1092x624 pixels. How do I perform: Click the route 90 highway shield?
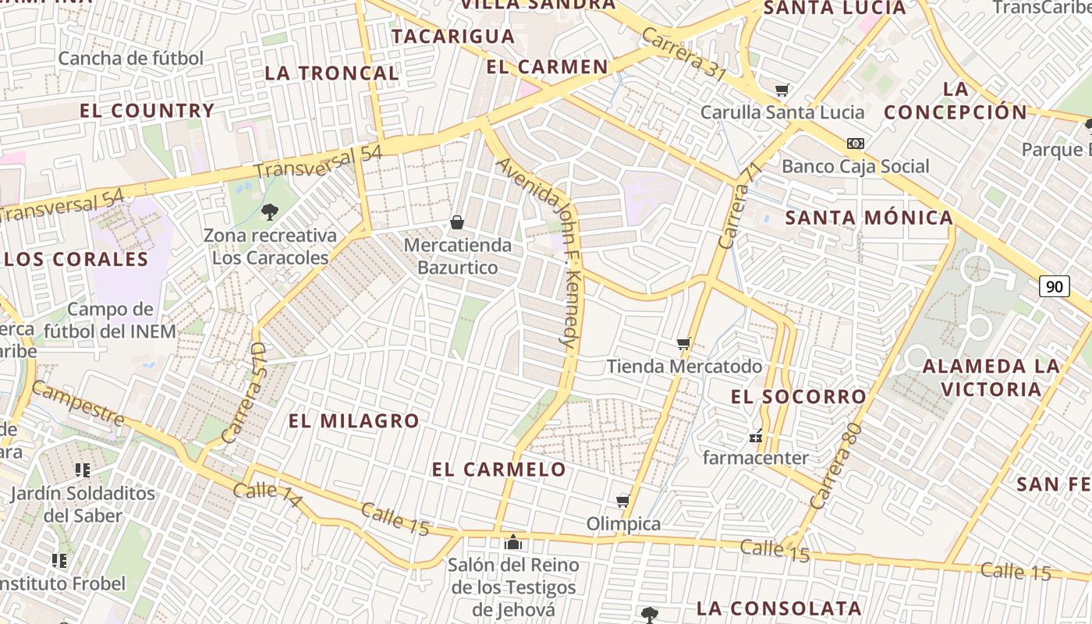1054,286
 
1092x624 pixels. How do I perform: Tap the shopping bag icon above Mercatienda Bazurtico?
457,223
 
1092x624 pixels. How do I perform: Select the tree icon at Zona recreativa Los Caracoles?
270,211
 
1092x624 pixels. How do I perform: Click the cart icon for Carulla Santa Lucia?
782,90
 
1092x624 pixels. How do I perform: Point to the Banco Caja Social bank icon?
856,144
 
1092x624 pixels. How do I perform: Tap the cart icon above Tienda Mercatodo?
684,343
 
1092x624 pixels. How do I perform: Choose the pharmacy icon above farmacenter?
755,436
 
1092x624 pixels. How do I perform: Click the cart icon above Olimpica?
622,501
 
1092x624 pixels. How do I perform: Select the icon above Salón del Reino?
512,541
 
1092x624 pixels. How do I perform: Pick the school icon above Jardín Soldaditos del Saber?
83,470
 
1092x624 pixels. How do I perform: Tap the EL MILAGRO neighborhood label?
354,421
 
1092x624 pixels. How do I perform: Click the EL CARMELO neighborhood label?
499,470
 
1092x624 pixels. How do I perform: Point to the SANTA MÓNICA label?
869,218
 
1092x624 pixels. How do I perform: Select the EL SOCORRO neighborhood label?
798,397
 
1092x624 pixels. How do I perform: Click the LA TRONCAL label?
331,73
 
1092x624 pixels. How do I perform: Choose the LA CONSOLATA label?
778,608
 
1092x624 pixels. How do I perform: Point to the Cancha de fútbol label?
130,58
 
